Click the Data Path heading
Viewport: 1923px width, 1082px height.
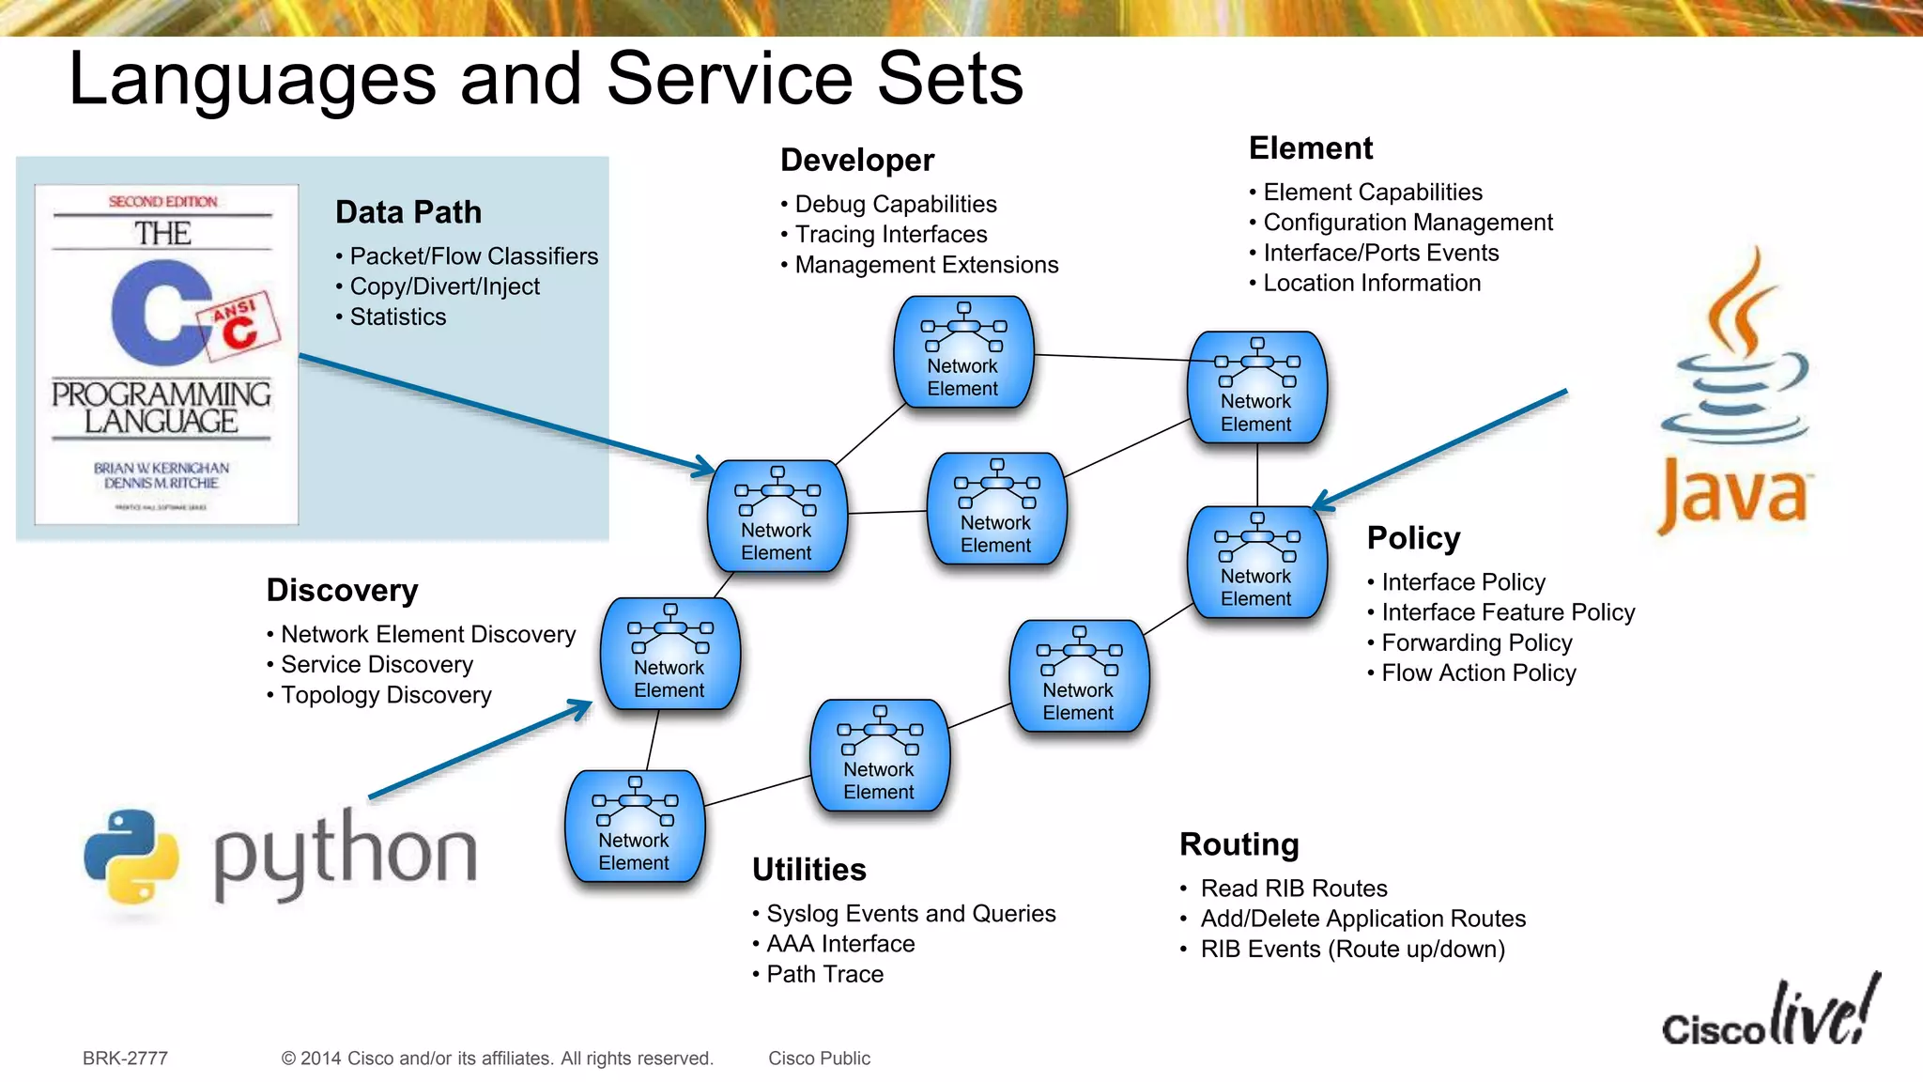click(408, 212)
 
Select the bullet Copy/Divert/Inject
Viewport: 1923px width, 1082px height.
click(444, 286)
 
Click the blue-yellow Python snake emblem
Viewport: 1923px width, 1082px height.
click(131, 856)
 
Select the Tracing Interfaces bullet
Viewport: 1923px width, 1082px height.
click(890, 234)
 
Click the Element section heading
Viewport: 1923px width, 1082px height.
click(1310, 148)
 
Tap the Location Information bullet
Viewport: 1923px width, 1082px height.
click(1371, 283)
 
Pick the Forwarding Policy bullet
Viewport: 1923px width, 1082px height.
click(1476, 642)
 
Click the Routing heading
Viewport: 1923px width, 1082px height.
click(1238, 844)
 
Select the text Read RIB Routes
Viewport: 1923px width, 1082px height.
click(1293, 889)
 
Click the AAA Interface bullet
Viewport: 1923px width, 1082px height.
click(839, 944)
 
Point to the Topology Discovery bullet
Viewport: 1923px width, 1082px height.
click(385, 695)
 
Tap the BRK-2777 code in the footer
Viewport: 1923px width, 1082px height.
click(125, 1059)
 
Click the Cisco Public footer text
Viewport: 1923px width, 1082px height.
click(819, 1059)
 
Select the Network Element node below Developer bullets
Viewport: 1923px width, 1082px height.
click(962, 353)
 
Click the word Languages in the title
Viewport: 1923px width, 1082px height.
click(252, 79)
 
